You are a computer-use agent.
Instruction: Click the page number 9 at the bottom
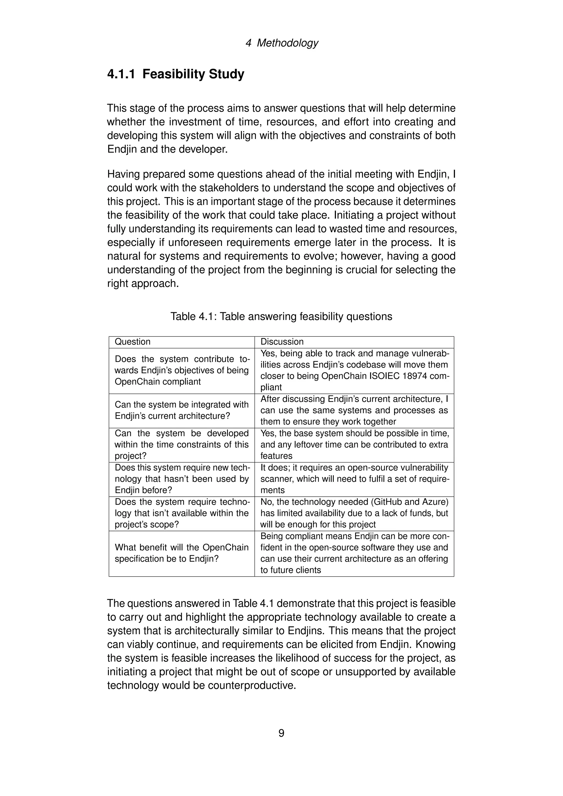click(281, 733)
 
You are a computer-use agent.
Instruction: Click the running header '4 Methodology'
click(281, 43)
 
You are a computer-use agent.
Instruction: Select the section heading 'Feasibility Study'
click(193, 74)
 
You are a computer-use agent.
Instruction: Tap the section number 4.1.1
click(121, 74)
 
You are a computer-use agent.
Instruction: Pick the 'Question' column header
click(133, 342)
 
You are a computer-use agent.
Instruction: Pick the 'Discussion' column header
click(282, 342)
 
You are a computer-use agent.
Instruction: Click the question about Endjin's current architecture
click(181, 410)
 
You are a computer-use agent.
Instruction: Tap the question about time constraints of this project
click(181, 444)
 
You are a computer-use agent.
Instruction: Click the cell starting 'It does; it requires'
click(354, 479)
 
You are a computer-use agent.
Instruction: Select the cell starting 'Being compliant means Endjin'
click(354, 553)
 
